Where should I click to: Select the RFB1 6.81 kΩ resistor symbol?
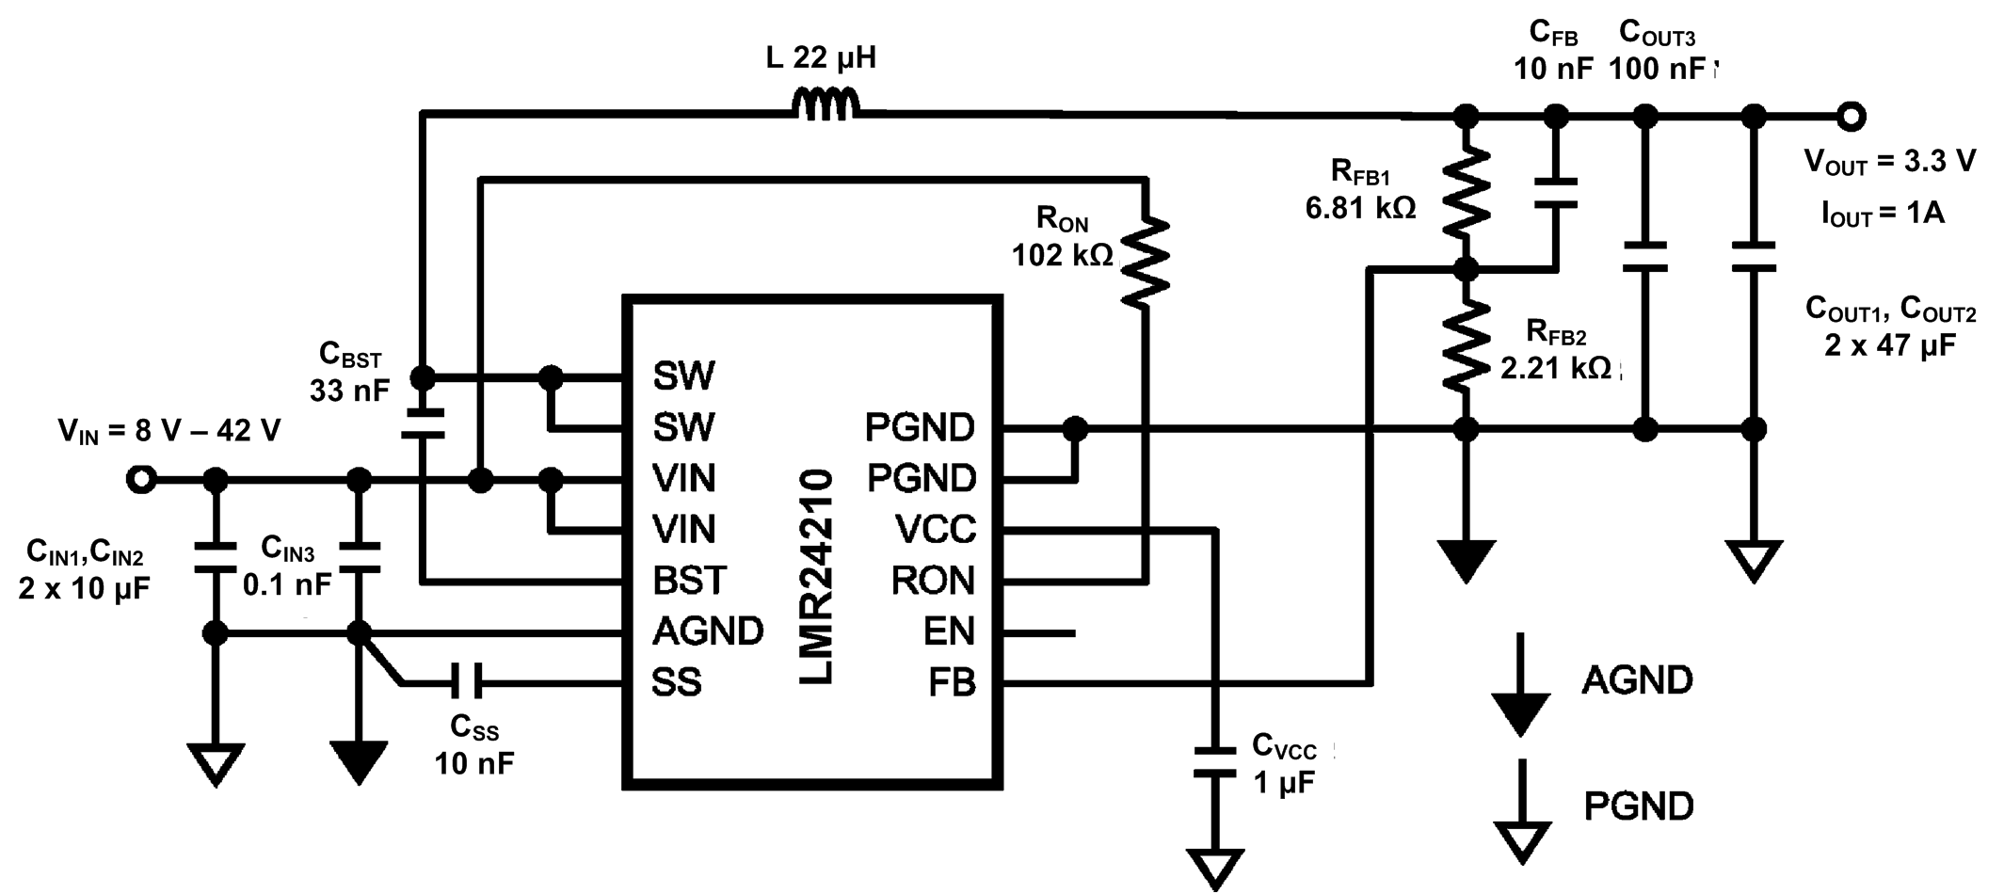tap(1466, 193)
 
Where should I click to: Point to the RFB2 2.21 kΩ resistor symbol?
tap(1466, 345)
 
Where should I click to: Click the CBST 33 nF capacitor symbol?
tap(423, 423)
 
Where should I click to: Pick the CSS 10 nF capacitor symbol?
tap(465, 680)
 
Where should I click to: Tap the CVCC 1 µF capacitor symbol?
tap(1214, 761)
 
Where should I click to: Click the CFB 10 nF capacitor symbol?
tap(1556, 193)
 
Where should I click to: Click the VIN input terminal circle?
tap(141, 480)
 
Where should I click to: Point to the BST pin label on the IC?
tap(689, 581)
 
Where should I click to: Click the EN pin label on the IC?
tap(948, 631)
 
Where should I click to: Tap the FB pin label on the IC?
tap(951, 682)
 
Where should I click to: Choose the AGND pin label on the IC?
tap(708, 631)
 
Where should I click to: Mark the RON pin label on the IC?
tap(932, 581)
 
